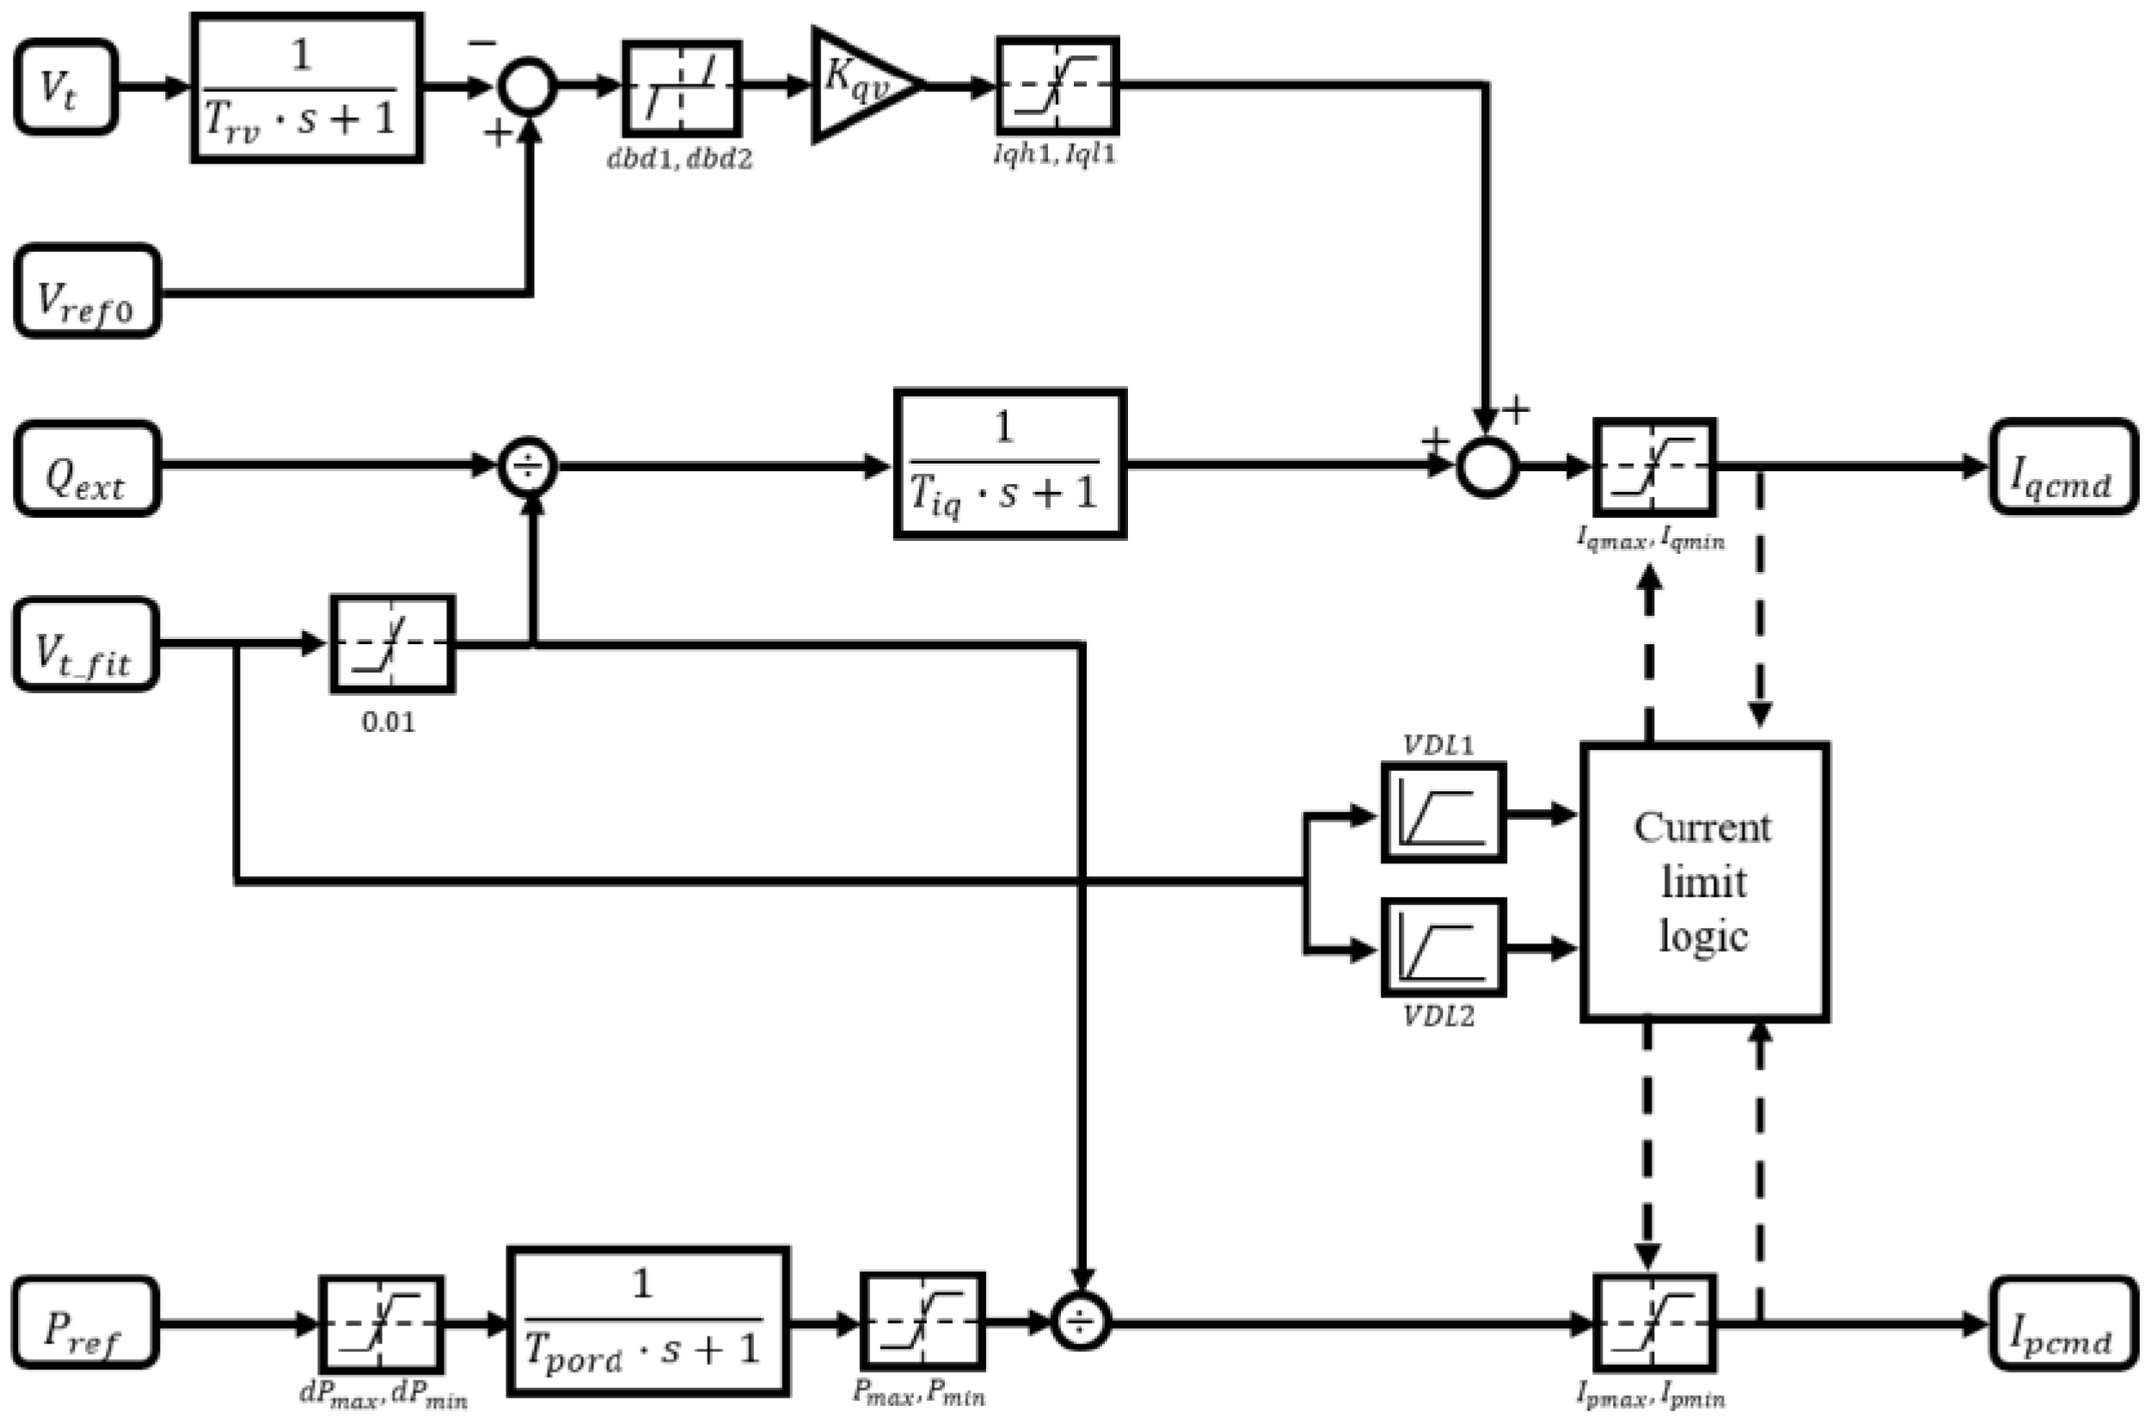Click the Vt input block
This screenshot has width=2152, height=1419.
pos(65,87)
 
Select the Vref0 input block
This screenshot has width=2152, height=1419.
pos(87,291)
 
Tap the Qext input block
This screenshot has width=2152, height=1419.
pos(87,468)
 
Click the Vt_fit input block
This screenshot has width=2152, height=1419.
pos(85,643)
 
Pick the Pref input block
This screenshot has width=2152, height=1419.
pos(85,1322)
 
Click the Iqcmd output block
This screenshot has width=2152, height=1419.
pos(2063,466)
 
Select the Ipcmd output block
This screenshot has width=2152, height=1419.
pos(2063,1323)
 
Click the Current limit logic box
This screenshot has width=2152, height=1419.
pos(1704,882)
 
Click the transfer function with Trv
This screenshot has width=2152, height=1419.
pos(307,88)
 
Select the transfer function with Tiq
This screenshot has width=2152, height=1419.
pos(1009,464)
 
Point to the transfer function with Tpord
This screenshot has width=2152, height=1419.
pos(647,1321)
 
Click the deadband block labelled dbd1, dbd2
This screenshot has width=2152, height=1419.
pos(682,88)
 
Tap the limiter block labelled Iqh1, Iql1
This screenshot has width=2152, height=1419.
pos(1057,86)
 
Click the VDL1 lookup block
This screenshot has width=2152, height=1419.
pos(1443,812)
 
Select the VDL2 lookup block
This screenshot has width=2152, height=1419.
pos(1443,948)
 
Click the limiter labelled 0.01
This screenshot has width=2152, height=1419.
pos(392,643)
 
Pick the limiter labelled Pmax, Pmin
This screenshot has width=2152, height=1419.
pos(921,1321)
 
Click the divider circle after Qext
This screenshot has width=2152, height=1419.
pos(528,468)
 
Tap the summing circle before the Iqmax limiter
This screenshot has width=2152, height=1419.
pos(1487,467)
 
